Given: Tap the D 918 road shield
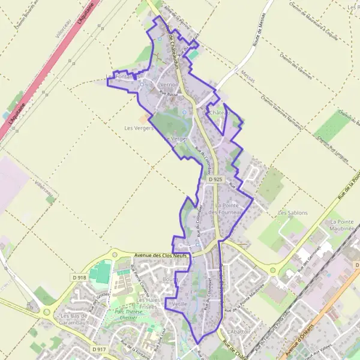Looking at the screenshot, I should (79, 277).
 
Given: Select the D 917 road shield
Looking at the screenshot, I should (100, 349).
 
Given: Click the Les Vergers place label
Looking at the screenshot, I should (136, 128).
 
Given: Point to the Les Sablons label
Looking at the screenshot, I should (292, 213).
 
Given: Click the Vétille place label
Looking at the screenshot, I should (179, 304).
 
